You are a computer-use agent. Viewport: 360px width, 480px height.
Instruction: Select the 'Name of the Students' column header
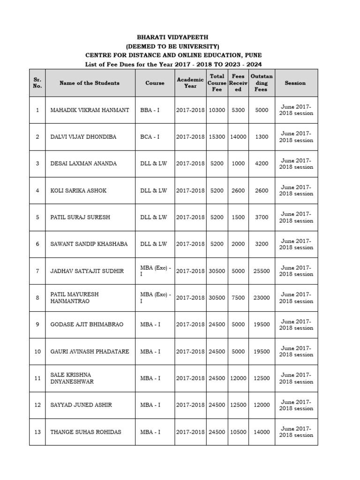90,83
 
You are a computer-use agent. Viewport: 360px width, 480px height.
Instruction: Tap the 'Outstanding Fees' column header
262,82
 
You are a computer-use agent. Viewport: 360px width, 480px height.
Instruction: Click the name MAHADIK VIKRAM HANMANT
90,110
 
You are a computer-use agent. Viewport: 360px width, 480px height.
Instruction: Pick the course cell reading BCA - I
150,137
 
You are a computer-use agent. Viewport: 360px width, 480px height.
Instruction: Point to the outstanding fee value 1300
262,137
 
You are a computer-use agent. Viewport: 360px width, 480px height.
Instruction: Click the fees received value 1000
238,164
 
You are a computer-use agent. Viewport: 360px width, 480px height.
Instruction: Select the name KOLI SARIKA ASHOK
78,190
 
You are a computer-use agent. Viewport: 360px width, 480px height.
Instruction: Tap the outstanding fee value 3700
262,217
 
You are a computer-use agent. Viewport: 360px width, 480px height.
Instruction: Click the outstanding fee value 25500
262,271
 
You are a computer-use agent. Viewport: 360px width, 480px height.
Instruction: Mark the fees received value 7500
238,298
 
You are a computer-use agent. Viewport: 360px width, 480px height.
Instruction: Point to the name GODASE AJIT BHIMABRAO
87,324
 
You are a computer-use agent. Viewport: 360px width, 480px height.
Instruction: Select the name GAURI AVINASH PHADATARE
90,352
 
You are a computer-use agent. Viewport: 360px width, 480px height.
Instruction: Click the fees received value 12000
238,378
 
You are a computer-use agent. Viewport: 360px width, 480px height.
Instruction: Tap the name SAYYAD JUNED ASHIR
81,405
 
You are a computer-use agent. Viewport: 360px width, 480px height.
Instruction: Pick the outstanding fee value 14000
262,432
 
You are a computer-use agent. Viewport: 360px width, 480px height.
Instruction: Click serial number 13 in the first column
37,432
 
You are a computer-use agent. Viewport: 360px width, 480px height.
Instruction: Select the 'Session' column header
295,83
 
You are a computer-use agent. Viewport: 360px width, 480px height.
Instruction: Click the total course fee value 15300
217,137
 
